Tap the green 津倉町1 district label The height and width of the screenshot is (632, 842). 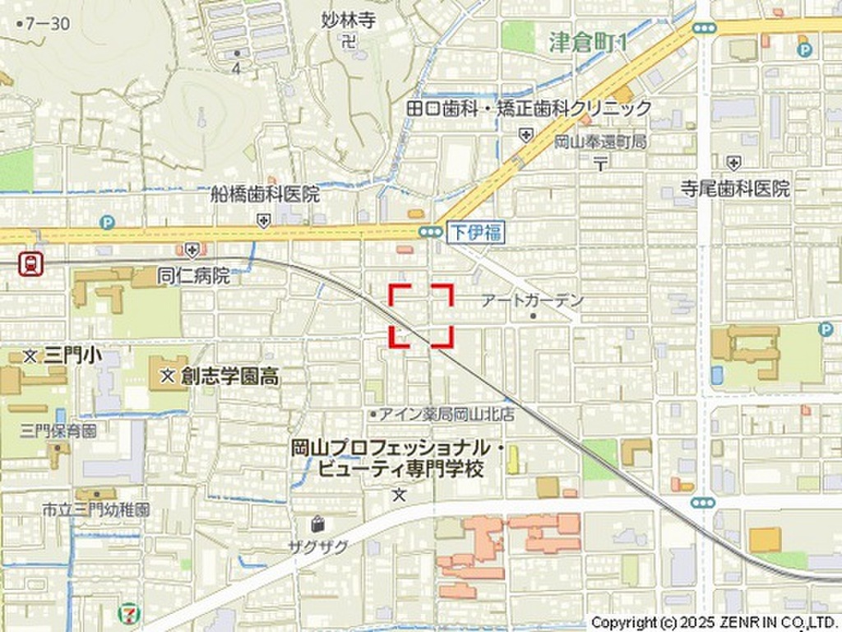[x=588, y=42]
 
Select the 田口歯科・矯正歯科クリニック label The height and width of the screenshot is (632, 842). [x=529, y=108]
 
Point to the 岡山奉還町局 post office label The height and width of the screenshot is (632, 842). [x=600, y=142]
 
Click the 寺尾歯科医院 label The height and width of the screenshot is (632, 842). [x=734, y=188]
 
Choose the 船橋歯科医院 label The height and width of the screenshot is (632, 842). [x=265, y=195]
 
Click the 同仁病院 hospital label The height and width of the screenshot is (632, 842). [x=194, y=276]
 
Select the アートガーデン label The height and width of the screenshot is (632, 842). [x=532, y=301]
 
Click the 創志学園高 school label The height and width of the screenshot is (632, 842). [x=229, y=377]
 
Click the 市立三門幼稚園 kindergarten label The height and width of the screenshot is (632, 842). [x=96, y=510]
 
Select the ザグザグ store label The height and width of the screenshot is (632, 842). [x=317, y=546]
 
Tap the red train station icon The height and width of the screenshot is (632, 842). [x=31, y=263]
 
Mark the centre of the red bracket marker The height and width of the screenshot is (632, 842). [x=420, y=315]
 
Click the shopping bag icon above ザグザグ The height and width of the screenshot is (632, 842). [x=318, y=523]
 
